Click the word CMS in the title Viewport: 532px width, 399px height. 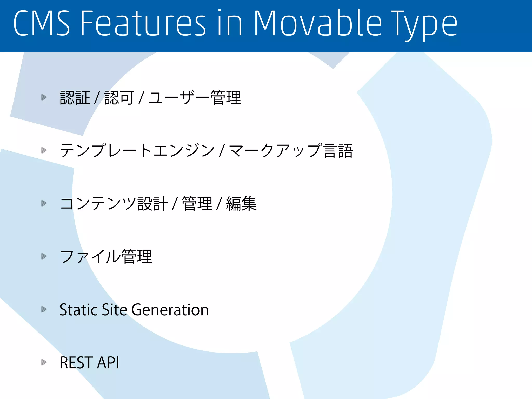coord(42,23)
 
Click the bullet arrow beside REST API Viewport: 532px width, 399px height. coord(44,362)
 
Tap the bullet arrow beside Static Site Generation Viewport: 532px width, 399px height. coord(44,309)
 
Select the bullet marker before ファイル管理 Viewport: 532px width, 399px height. coord(44,256)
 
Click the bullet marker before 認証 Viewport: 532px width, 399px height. coord(44,97)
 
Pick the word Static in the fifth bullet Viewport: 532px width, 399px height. coord(78,310)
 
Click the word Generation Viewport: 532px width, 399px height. coord(170,310)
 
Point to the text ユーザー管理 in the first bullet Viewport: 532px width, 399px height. coord(195,98)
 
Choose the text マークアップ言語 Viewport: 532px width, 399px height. coord(291,151)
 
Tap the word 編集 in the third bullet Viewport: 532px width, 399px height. coord(241,204)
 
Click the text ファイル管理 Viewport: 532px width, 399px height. coord(106,257)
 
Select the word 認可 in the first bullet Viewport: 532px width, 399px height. coord(119,98)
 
